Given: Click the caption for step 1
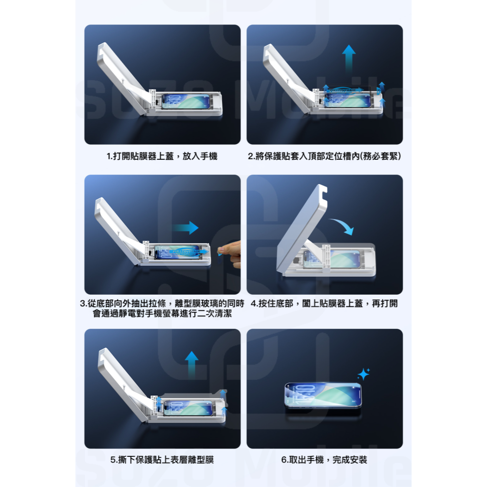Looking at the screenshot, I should (162, 156).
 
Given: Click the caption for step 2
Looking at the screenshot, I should (324, 156).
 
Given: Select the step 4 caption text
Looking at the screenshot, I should (324, 304).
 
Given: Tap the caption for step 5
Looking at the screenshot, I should (162, 460).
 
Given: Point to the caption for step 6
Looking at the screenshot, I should (324, 460).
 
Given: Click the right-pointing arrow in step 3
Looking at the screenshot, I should (187, 227).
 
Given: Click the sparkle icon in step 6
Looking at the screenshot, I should (363, 374).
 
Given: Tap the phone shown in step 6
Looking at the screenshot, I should (323, 394).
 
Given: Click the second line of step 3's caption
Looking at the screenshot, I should (162, 314).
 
